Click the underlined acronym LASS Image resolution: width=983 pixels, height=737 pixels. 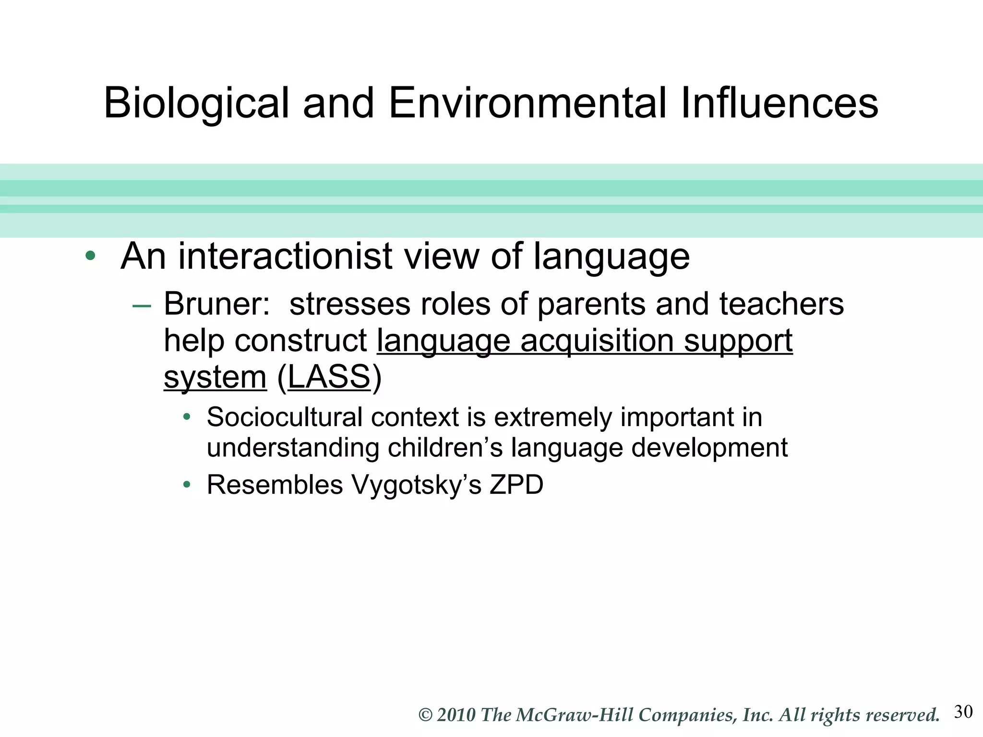tap(329, 377)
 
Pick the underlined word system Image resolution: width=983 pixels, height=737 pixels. tap(215, 377)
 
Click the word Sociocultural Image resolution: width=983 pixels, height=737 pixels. tap(284, 416)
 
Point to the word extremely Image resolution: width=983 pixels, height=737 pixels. tap(553, 416)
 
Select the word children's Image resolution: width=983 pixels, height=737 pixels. tap(445, 447)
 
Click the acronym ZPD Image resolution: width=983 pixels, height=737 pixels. tap(516, 484)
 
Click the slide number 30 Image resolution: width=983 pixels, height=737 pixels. tap(963, 712)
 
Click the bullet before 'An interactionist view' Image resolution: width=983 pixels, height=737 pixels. tap(90, 256)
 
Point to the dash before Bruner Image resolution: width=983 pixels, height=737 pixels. tap(142, 306)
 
